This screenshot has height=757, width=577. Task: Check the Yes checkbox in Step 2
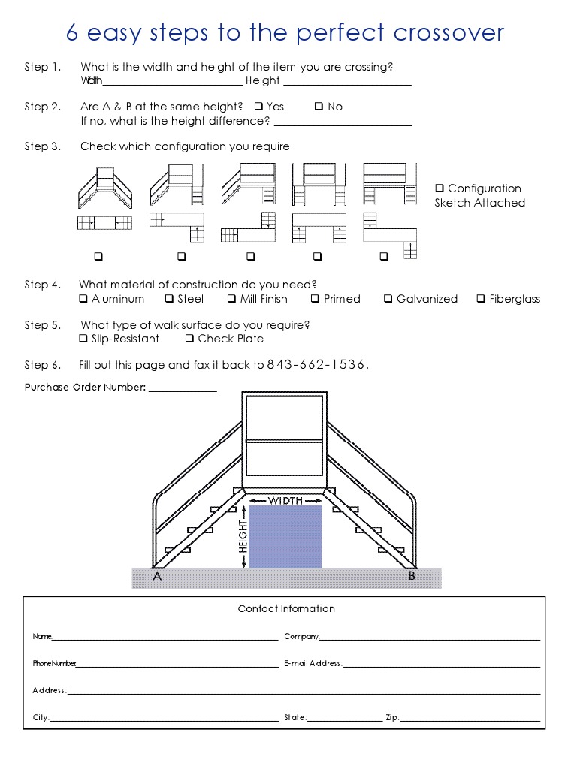pyautogui.click(x=258, y=107)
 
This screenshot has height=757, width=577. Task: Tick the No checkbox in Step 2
pyautogui.click(x=319, y=107)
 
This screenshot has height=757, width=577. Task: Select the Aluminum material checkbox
pyautogui.click(x=83, y=299)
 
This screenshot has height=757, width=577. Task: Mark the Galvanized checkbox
pyautogui.click(x=388, y=299)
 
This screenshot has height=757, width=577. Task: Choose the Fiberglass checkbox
pyautogui.click(x=481, y=299)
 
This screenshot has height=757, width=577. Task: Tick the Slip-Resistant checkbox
pyautogui.click(x=83, y=339)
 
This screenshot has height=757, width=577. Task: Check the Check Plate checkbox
pyautogui.click(x=190, y=339)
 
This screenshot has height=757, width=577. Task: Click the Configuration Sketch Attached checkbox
pyautogui.click(x=440, y=188)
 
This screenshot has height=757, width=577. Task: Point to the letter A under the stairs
pyautogui.click(x=157, y=577)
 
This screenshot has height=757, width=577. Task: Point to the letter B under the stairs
pyautogui.click(x=412, y=576)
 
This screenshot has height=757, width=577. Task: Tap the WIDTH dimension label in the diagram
pyautogui.click(x=285, y=501)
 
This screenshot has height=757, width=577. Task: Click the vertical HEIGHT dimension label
pyautogui.click(x=243, y=537)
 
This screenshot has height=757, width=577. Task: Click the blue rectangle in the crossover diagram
pyautogui.click(x=285, y=537)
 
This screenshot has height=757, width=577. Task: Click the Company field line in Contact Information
pyautogui.click(x=430, y=639)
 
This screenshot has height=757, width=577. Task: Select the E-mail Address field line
pyautogui.click(x=442, y=666)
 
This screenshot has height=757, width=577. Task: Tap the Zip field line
pyautogui.click(x=470, y=720)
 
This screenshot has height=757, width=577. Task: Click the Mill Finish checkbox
pyautogui.click(x=232, y=299)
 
